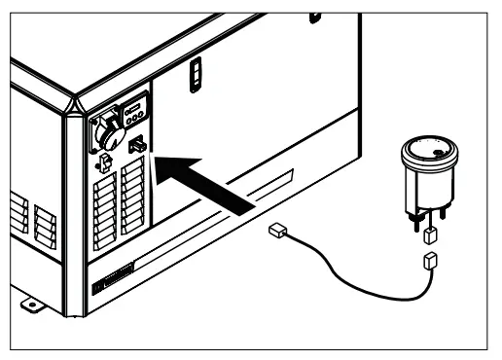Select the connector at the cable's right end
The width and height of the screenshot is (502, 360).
[x=429, y=260]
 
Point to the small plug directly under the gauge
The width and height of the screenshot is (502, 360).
[x=428, y=234]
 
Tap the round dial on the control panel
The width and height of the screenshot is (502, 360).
[x=104, y=129]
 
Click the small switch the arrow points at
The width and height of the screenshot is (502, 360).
[x=137, y=146]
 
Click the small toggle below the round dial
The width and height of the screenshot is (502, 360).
[x=100, y=163]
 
